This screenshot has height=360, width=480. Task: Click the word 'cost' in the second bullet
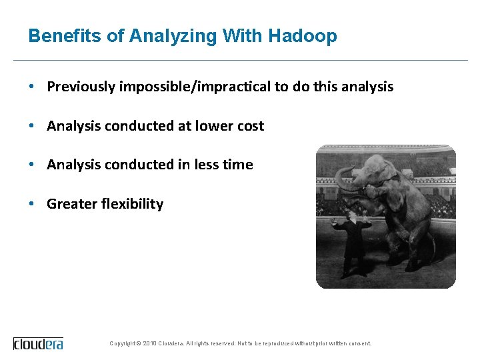point(250,126)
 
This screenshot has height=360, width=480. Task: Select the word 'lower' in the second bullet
point(212,126)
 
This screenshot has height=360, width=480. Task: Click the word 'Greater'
point(71,204)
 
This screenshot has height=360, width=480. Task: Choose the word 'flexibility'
point(132,204)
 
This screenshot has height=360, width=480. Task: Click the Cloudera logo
point(38,343)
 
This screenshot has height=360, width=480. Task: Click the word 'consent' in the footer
point(359,343)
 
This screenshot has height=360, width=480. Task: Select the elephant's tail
point(435,247)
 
